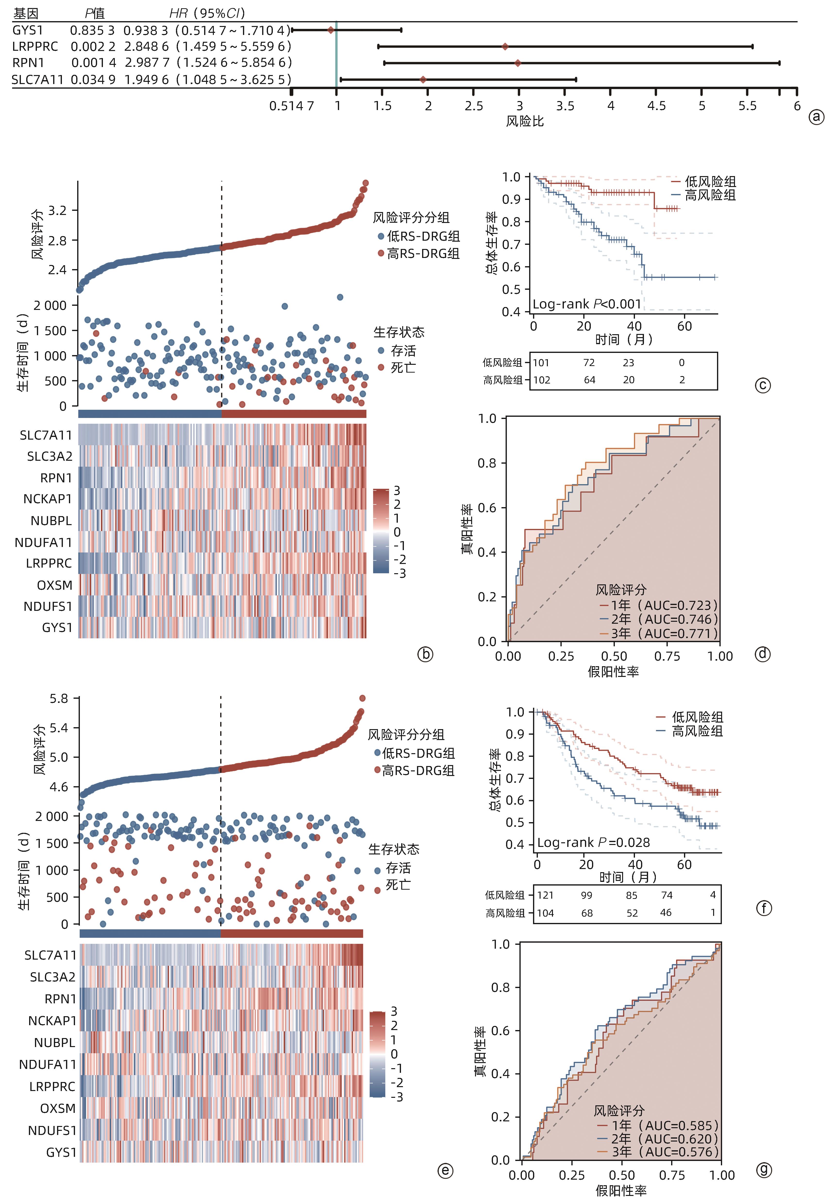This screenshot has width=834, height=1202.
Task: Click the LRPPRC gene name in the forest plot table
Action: [35, 47]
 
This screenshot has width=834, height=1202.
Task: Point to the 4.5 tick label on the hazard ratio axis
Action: [656, 106]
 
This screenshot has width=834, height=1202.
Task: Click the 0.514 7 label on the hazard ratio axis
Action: [292, 106]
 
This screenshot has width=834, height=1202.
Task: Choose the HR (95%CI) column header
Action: [207, 13]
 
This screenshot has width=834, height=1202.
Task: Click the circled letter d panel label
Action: [763, 654]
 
